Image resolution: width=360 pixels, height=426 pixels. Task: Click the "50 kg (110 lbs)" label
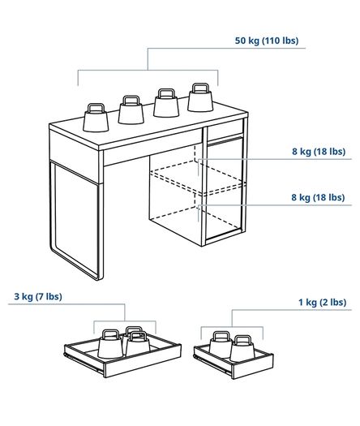(x=267, y=41)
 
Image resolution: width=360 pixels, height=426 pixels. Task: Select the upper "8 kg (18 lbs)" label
(x=319, y=151)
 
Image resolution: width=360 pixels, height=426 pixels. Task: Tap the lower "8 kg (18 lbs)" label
(x=318, y=197)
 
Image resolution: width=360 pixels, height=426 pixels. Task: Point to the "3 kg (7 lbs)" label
(x=38, y=296)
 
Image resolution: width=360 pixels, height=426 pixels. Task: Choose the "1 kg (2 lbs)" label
(x=323, y=302)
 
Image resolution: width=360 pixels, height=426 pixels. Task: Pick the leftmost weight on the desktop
(x=96, y=118)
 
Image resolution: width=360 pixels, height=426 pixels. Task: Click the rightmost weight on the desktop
(x=200, y=97)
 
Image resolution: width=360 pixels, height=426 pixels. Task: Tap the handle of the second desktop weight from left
(x=131, y=100)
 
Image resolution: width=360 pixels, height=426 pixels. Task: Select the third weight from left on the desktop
(x=166, y=103)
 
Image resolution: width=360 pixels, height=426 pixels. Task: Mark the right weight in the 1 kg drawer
(x=242, y=349)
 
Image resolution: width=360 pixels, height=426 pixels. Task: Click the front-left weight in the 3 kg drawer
(x=110, y=344)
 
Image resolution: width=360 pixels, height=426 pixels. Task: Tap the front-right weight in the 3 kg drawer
(x=138, y=342)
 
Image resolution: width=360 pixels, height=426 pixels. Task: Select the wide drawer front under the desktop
(x=153, y=147)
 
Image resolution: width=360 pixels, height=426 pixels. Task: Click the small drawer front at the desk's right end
(x=225, y=130)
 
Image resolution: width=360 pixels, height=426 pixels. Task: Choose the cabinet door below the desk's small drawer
(x=225, y=187)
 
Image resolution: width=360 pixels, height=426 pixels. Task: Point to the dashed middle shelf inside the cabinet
(x=198, y=178)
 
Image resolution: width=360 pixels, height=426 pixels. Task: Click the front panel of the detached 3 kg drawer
(x=143, y=361)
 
